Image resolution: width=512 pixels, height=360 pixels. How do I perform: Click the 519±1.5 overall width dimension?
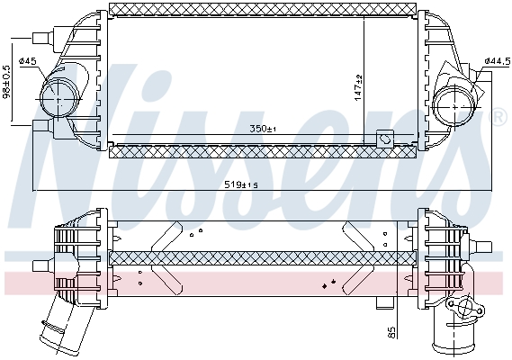click(x=241, y=185)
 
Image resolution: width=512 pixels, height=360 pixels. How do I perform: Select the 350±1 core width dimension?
click(x=263, y=129)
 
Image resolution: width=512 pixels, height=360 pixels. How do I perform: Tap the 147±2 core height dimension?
click(x=358, y=88)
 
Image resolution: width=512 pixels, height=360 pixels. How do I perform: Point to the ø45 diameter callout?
click(x=28, y=61)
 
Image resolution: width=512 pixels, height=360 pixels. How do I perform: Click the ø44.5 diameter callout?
click(x=497, y=61)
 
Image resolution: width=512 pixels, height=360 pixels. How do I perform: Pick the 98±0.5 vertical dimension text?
click(x=7, y=82)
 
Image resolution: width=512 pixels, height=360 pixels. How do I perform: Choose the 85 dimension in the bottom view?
click(x=391, y=333)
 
